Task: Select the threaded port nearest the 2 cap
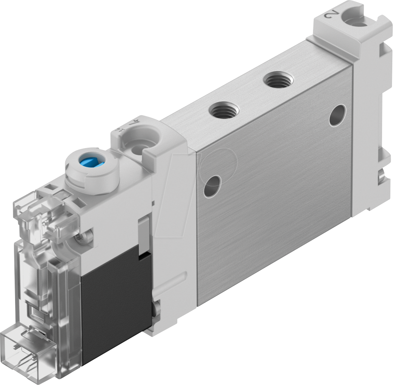pyautogui.click(x=278, y=80)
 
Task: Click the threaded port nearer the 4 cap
pyautogui.click(x=224, y=110)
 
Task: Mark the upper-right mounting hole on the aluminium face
pyautogui.click(x=337, y=115)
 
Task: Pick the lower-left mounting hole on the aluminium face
pyautogui.click(x=212, y=186)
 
